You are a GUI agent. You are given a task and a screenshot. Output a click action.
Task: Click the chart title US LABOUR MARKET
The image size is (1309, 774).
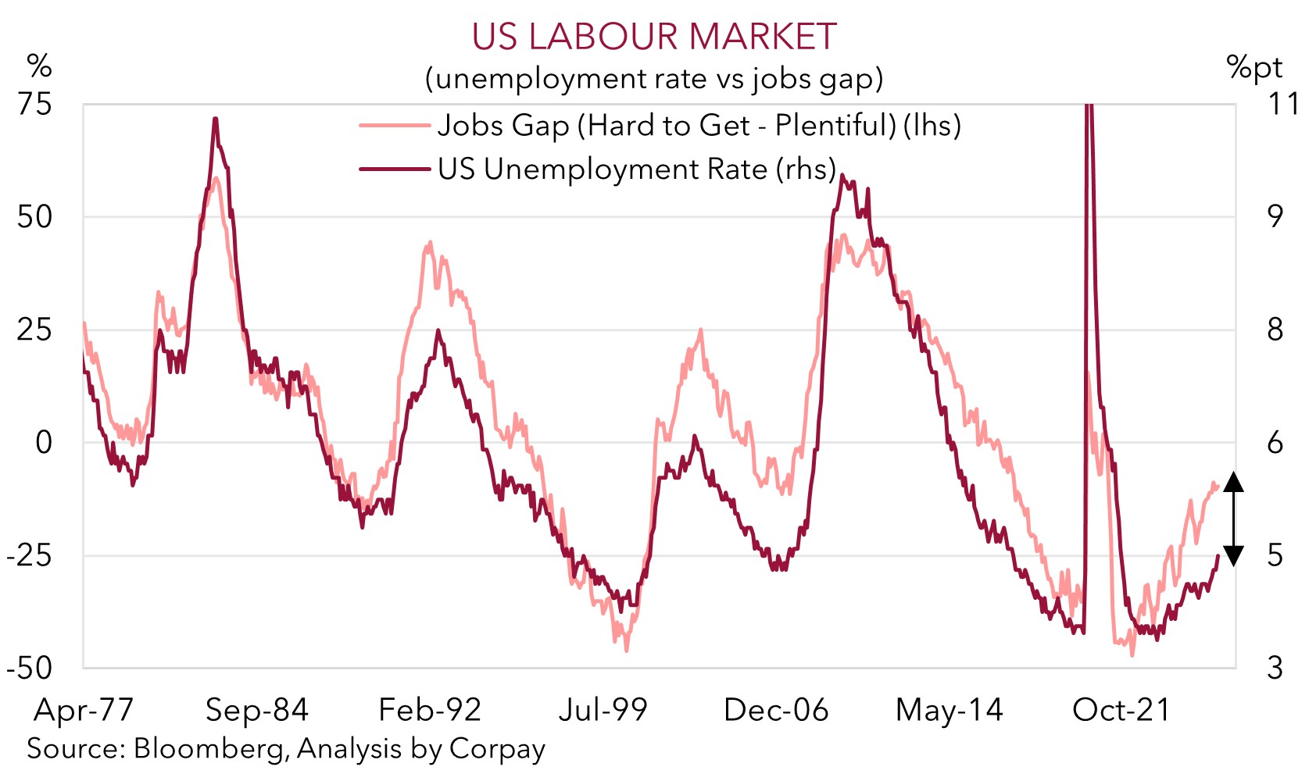click(654, 37)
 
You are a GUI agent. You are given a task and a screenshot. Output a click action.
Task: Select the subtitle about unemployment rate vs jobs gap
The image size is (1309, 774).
click(654, 79)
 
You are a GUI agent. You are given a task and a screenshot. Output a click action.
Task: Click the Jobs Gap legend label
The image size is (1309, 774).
click(699, 126)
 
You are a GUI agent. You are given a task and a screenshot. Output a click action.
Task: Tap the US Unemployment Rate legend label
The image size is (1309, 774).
click(637, 169)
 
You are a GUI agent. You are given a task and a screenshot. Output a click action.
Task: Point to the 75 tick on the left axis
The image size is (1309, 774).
click(35, 104)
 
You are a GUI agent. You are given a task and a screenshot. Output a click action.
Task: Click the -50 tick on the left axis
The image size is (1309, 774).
click(30, 669)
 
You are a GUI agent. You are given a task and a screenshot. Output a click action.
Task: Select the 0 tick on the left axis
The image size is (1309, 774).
click(44, 443)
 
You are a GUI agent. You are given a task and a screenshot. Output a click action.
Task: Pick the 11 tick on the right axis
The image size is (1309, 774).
click(1282, 104)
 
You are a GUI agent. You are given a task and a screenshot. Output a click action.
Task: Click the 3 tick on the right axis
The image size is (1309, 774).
click(1275, 669)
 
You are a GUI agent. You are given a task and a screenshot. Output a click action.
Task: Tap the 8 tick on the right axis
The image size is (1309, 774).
click(1275, 330)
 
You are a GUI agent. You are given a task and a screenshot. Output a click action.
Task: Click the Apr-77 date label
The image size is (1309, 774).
click(84, 711)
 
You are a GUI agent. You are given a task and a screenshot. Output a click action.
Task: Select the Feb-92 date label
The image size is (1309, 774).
click(430, 711)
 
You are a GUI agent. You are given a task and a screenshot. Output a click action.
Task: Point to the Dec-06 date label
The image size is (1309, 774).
click(776, 711)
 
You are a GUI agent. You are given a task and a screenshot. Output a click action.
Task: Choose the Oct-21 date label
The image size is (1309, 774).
click(1121, 711)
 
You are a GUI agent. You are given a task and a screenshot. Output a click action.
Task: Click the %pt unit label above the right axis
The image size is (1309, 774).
click(1254, 69)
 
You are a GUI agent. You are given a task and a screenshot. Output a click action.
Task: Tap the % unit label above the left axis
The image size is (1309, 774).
click(39, 66)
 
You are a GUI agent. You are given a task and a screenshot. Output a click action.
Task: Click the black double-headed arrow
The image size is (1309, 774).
click(1233, 519)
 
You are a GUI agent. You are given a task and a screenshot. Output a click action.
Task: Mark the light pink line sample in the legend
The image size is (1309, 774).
click(395, 126)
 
